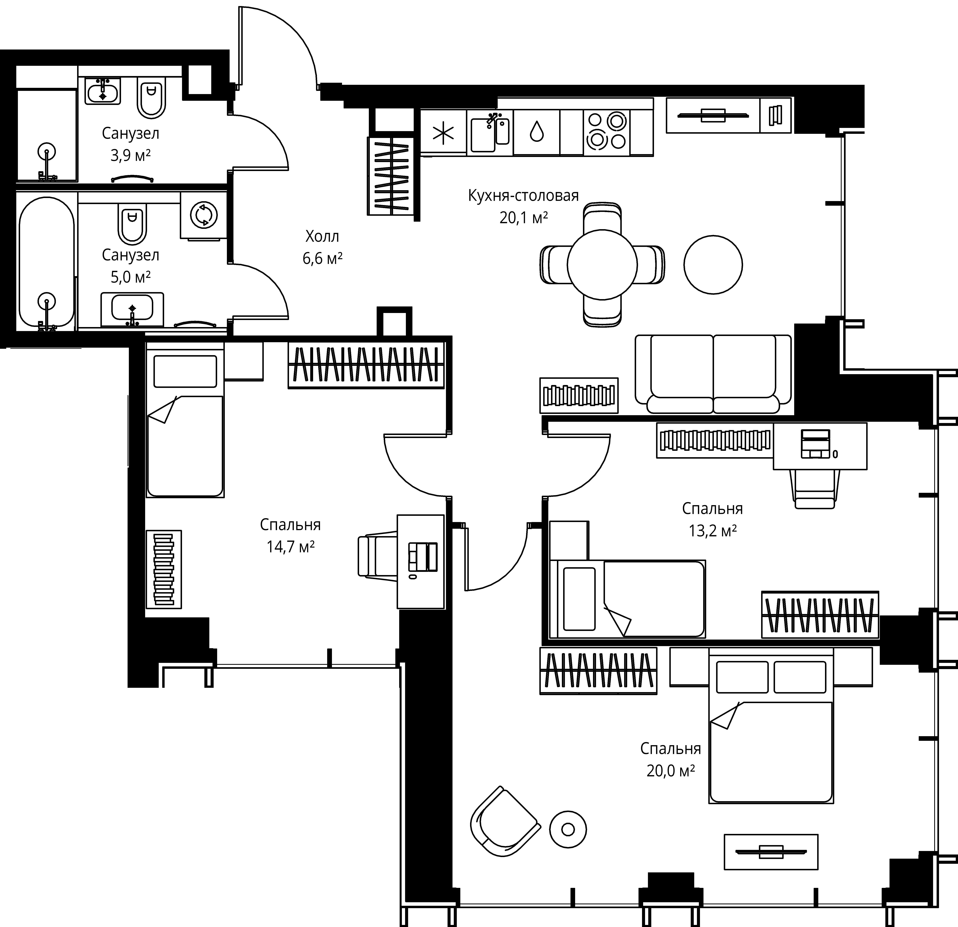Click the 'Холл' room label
click(x=322, y=237)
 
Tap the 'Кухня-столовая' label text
click(x=523, y=196)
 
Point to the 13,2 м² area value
click(x=713, y=531)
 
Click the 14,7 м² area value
click(x=290, y=547)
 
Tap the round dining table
click(x=602, y=264)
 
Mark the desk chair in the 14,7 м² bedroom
click(x=378, y=555)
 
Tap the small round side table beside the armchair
click(x=568, y=829)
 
